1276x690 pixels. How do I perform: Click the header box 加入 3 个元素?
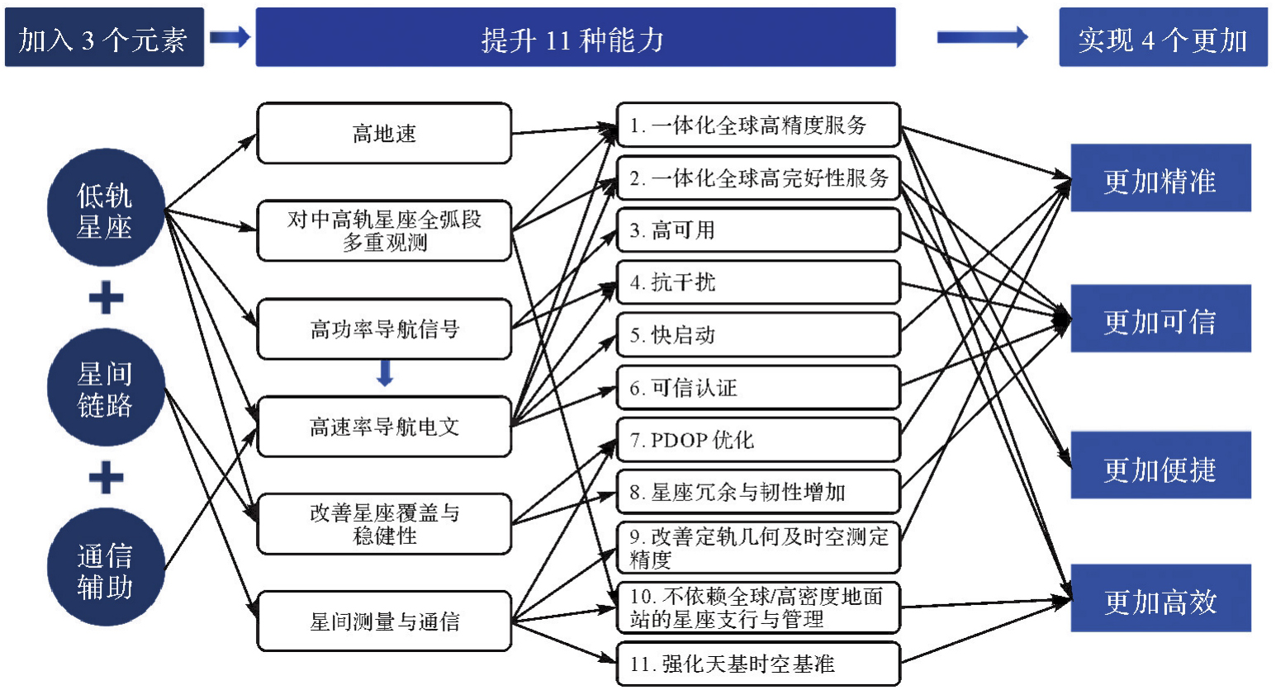click(x=104, y=38)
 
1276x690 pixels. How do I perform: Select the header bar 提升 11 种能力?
click(x=575, y=38)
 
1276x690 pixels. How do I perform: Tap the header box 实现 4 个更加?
click(x=1162, y=38)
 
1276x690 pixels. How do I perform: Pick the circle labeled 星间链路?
click(x=105, y=388)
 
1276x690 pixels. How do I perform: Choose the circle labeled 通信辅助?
click(x=105, y=569)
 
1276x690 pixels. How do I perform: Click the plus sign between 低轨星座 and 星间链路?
click(x=106, y=298)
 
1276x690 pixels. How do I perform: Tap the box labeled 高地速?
click(x=384, y=133)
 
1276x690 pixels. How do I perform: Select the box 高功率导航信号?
click(x=384, y=328)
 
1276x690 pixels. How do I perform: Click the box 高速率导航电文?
click(x=384, y=427)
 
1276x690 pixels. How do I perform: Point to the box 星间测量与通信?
click(x=384, y=621)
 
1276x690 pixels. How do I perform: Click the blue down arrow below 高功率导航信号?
click(x=385, y=373)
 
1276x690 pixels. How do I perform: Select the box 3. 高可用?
click(x=758, y=230)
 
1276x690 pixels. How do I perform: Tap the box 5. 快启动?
click(x=758, y=334)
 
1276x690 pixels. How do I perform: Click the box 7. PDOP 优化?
click(x=758, y=440)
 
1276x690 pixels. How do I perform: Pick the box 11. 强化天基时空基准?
click(x=758, y=664)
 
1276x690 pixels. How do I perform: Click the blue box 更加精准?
click(x=1160, y=179)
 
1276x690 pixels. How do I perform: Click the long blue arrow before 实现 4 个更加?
click(x=982, y=37)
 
